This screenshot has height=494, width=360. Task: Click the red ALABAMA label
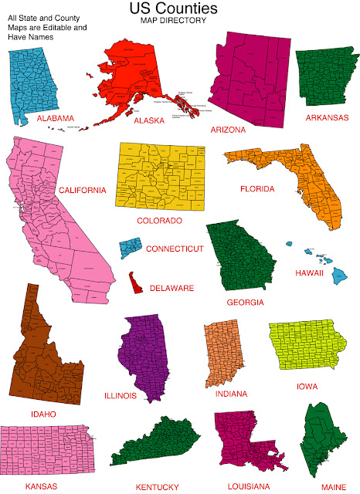(x=55, y=119)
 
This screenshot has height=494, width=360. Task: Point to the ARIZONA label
(x=228, y=130)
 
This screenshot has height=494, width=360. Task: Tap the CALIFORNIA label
(x=81, y=190)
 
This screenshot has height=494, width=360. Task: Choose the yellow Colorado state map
(x=161, y=178)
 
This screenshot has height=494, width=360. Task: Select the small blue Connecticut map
(x=130, y=249)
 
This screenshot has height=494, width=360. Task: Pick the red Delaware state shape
(x=135, y=283)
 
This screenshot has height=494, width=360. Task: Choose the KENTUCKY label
(x=157, y=487)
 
